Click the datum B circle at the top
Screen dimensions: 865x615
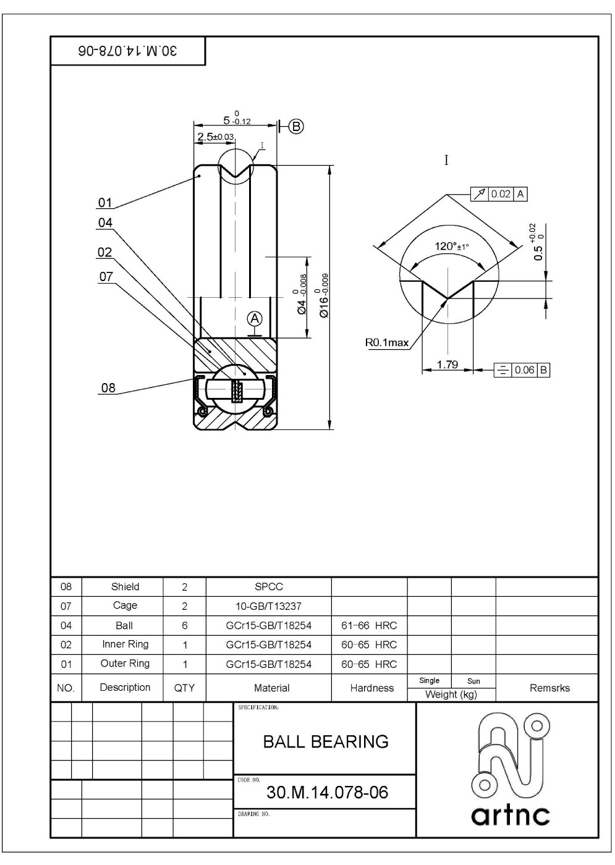[x=296, y=127]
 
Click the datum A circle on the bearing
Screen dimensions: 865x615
[x=255, y=318]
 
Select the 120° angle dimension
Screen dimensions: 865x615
[x=451, y=247]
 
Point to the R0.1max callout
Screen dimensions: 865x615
[x=387, y=342]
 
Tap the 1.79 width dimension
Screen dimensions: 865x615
[x=447, y=365]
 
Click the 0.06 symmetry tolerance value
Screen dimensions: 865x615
[x=524, y=370]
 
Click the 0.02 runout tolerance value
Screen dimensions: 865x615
[x=501, y=194]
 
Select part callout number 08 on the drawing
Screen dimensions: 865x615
[x=108, y=388]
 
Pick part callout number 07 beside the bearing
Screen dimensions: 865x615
[x=106, y=276]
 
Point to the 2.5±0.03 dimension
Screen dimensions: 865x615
[x=215, y=137]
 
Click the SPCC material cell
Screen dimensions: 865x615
[x=268, y=587]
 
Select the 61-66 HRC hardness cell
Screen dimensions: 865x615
[x=369, y=625]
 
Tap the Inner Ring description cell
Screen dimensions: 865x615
[x=125, y=644]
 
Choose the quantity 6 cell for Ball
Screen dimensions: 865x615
[x=184, y=625]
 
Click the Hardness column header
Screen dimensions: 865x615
[x=371, y=688]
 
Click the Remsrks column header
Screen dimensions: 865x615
[x=549, y=688]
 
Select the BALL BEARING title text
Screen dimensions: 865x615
[x=326, y=741]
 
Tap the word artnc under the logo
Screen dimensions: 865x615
[x=510, y=816]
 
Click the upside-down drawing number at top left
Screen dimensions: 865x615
[x=127, y=51]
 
